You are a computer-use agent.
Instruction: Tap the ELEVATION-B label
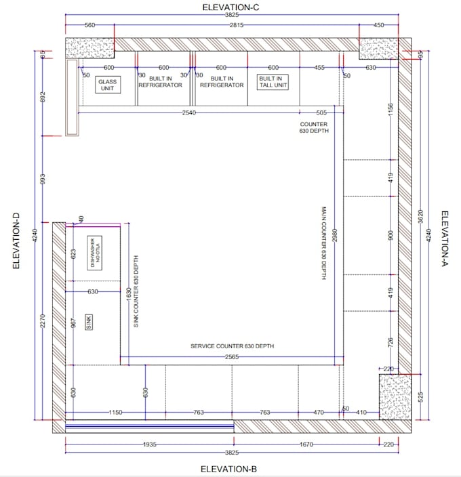pyautogui.click(x=228, y=469)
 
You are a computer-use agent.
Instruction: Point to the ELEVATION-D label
pyautogui.click(x=16, y=241)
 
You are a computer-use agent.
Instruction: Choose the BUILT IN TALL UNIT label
pyautogui.click(x=273, y=82)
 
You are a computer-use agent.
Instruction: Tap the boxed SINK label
pyautogui.click(x=89, y=323)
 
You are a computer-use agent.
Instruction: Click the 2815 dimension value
pyautogui.click(x=235, y=25)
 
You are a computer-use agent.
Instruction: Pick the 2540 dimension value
pyautogui.click(x=188, y=112)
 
